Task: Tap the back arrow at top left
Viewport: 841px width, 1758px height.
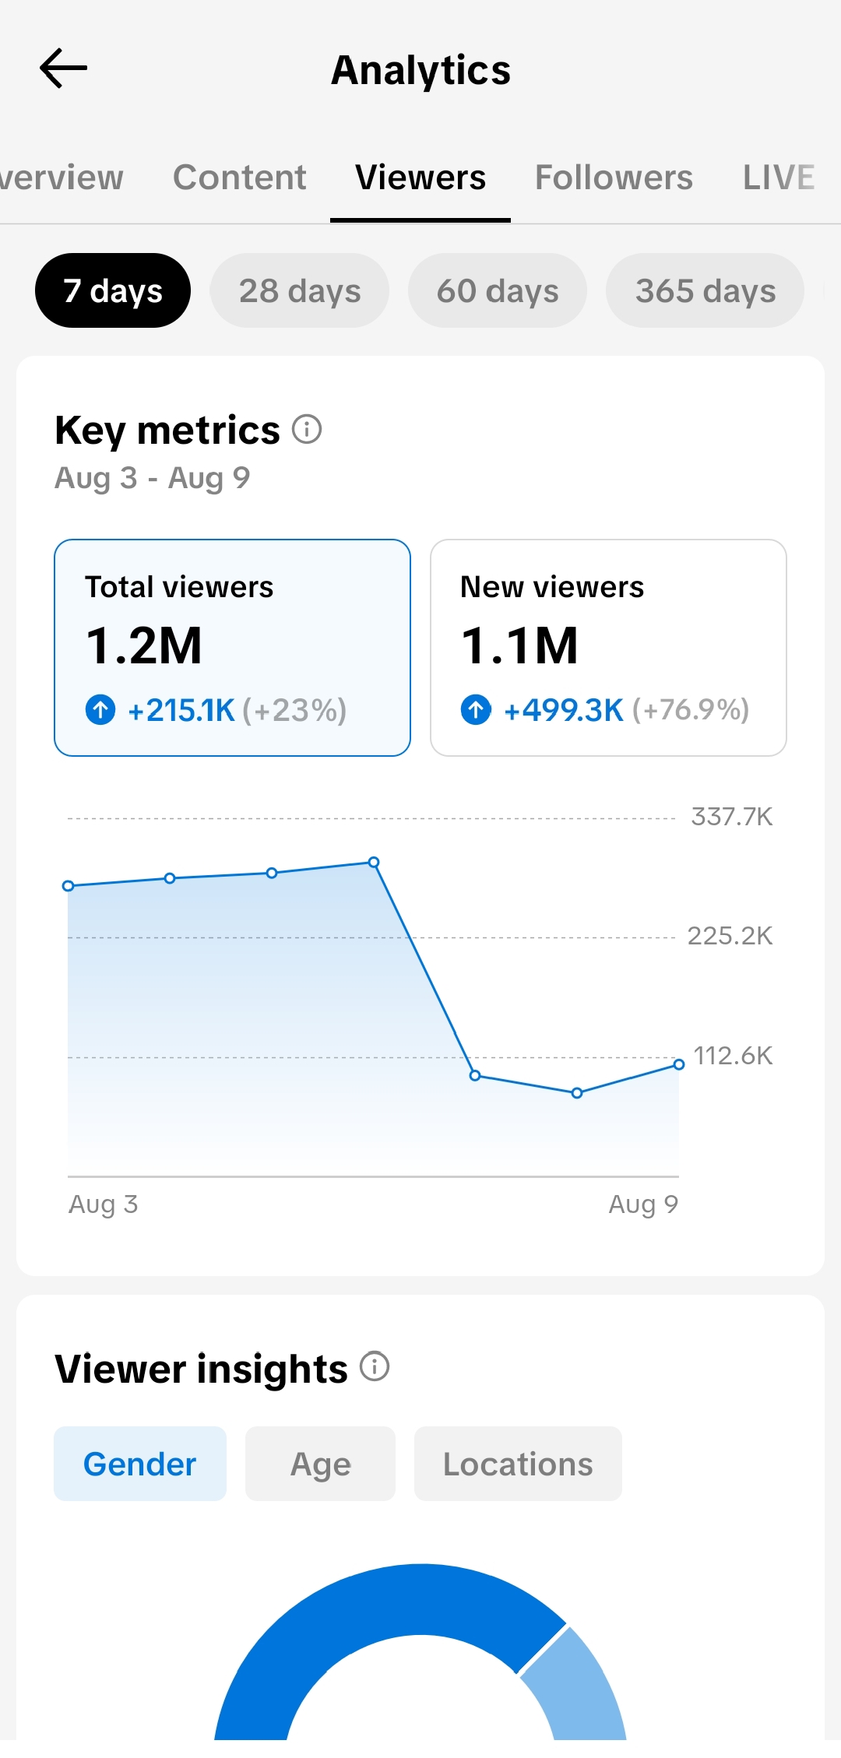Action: (x=63, y=69)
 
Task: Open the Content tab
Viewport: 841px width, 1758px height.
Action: (x=240, y=178)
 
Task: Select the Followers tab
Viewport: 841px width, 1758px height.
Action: (x=614, y=178)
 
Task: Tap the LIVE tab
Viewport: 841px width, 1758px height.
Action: (x=779, y=178)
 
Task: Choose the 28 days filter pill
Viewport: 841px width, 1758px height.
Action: (x=300, y=290)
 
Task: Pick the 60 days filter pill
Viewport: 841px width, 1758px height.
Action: (x=498, y=290)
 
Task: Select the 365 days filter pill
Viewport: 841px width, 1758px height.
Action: (x=706, y=290)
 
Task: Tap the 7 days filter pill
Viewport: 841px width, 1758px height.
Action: (x=113, y=290)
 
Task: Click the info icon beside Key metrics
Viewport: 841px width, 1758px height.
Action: (x=307, y=429)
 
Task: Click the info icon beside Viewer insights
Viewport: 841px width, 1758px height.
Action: (x=375, y=1366)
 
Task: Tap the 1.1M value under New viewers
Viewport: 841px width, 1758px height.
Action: (x=519, y=645)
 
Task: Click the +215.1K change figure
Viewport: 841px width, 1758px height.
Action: (x=181, y=710)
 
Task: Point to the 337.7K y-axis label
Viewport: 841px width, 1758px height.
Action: (x=732, y=817)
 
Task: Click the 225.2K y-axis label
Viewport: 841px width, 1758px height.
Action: (x=730, y=936)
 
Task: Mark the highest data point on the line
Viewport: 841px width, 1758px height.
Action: (x=374, y=862)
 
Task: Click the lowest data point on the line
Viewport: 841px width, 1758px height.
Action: (x=577, y=1093)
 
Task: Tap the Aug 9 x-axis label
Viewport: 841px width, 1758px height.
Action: (x=643, y=1204)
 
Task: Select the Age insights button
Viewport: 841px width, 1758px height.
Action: (x=320, y=1464)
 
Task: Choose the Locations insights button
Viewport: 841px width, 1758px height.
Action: (x=518, y=1464)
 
